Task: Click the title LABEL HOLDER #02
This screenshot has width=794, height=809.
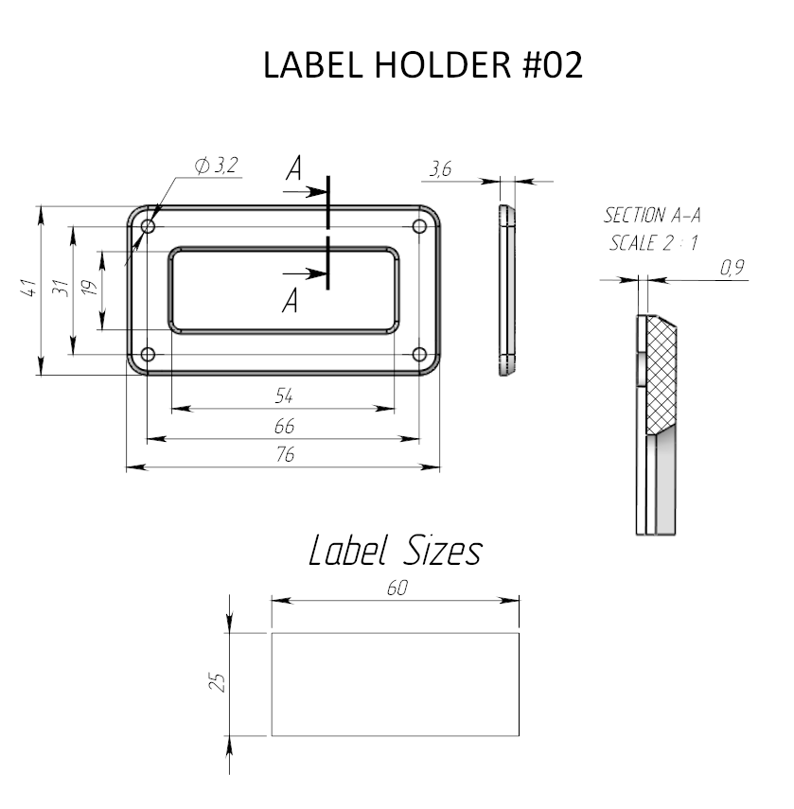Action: (x=422, y=65)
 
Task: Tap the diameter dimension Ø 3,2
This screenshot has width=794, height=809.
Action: (x=216, y=165)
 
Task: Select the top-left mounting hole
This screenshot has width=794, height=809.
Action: (x=148, y=226)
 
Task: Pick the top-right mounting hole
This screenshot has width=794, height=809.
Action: (x=419, y=226)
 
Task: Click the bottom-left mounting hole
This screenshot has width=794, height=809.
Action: (x=148, y=355)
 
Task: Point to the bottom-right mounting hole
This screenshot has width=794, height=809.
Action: (x=419, y=355)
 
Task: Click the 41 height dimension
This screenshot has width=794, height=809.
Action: (x=29, y=288)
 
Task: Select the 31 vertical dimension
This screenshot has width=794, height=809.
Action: (x=61, y=288)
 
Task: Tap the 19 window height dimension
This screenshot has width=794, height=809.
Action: (x=90, y=288)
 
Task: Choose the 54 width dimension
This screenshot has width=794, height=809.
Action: (x=284, y=396)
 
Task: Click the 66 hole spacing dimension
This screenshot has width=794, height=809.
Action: (x=284, y=426)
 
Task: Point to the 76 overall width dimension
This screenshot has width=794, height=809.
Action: (x=285, y=454)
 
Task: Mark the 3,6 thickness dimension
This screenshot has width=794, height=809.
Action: (x=441, y=168)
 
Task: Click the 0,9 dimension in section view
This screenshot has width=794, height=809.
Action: (x=732, y=267)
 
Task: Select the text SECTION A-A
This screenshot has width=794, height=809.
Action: (x=652, y=215)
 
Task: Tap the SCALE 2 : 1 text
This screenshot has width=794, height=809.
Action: (x=654, y=242)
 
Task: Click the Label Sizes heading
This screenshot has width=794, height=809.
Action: (x=396, y=551)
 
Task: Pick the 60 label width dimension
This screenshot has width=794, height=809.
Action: (x=397, y=588)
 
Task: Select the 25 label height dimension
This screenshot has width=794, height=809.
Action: (x=218, y=682)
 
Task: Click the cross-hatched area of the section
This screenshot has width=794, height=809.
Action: (x=662, y=374)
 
